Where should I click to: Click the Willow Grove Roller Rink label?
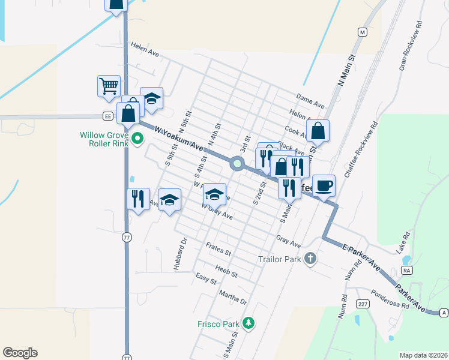point(104,139)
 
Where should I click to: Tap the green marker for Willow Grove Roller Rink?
point(137,139)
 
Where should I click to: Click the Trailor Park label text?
point(279,259)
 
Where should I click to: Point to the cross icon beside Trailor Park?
point(310,259)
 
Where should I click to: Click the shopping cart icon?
point(109,86)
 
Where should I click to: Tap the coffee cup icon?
point(324,185)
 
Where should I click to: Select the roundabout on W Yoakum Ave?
point(238,163)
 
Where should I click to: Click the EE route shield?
point(107,116)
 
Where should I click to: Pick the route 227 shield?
point(362,302)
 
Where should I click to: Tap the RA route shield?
point(408,271)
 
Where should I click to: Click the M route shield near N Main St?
point(362,32)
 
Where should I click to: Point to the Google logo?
point(20,353)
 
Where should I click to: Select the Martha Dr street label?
point(234,298)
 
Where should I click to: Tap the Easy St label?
point(206,278)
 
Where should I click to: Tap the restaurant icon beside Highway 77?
point(138,199)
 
